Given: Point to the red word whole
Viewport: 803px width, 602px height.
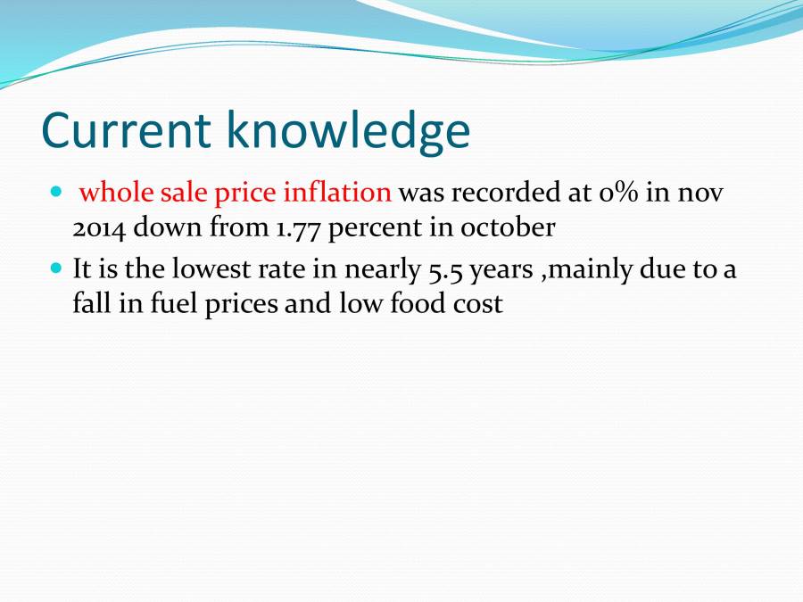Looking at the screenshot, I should (112, 192).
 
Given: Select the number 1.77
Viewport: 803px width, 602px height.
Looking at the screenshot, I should (295, 227).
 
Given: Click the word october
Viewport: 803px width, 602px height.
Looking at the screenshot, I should (508, 227).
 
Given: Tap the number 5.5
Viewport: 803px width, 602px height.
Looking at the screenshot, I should (443, 268).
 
